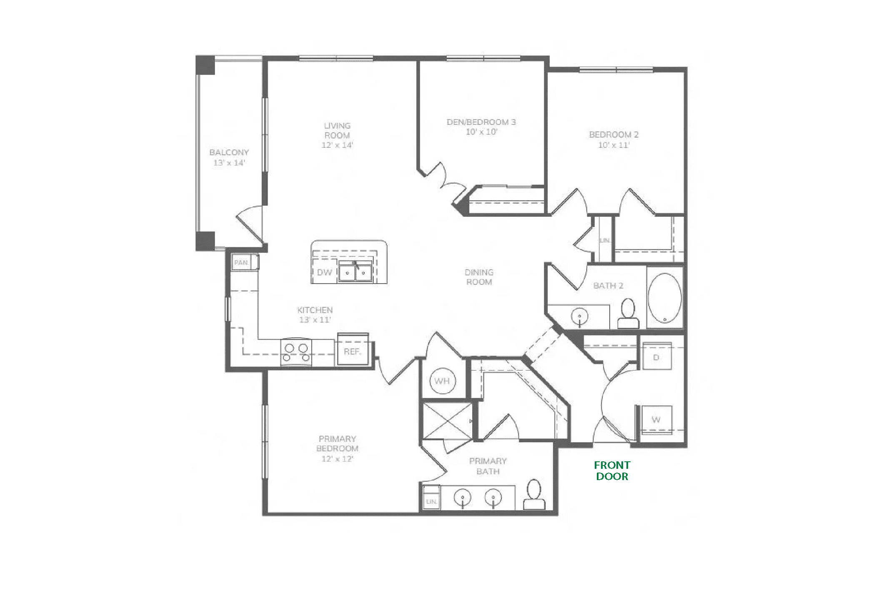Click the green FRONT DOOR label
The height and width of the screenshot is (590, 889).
[612, 471]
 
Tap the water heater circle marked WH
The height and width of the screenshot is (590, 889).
[442, 381]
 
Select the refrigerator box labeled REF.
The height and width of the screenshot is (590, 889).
[353, 350]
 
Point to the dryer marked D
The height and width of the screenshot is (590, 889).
[657, 356]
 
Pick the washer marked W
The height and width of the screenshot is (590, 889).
[656, 420]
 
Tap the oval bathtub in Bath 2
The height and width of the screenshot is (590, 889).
[665, 297]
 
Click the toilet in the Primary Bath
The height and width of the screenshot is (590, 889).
[534, 495]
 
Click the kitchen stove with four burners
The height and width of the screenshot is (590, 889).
[296, 352]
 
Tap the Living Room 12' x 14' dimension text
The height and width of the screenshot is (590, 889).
[337, 145]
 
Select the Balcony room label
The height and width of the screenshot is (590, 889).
[229, 152]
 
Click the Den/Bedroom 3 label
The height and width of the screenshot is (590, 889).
[481, 122]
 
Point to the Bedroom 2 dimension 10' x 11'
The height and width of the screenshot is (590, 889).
[614, 145]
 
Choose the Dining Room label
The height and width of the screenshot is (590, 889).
[479, 277]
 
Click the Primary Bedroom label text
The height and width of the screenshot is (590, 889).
[337, 443]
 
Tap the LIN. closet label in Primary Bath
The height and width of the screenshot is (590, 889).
[431, 502]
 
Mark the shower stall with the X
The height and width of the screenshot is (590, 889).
[447, 420]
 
